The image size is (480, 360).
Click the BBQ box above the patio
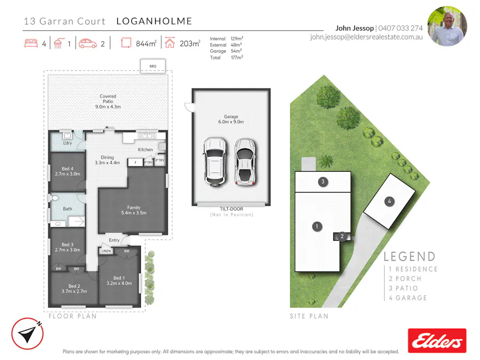(x=153, y=67)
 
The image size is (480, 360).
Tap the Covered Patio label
(x=108, y=101)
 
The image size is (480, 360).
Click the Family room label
(x=133, y=210)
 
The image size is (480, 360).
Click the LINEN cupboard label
(x=107, y=251)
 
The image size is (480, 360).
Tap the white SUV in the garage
(x=214, y=162)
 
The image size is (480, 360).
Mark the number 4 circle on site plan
(x=390, y=201)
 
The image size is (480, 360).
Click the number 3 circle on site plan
(x=323, y=182)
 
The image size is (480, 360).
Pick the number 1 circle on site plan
(x=317, y=227)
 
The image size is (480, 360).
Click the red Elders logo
(x=437, y=340)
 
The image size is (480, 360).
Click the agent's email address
(x=366, y=37)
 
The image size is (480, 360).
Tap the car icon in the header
(x=88, y=44)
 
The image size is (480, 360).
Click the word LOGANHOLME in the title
(x=154, y=21)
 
